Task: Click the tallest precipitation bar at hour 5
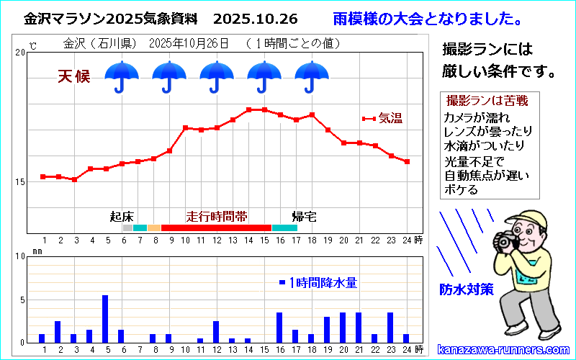(x=105, y=318)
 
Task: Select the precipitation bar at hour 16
(x=279, y=328)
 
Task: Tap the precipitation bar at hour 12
(x=216, y=331)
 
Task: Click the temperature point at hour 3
(x=74, y=179)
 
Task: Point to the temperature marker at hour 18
(x=312, y=115)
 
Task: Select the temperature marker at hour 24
(x=407, y=162)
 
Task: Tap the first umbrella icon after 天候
(x=122, y=76)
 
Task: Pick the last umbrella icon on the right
(x=312, y=76)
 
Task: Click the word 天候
(x=74, y=76)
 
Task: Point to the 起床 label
(x=122, y=216)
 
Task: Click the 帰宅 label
(x=304, y=216)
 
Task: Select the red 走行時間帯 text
(x=217, y=216)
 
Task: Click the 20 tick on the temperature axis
(x=20, y=53)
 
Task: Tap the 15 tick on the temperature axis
(x=20, y=181)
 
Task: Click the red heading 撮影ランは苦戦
(x=487, y=100)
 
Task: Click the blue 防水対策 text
(x=467, y=289)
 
